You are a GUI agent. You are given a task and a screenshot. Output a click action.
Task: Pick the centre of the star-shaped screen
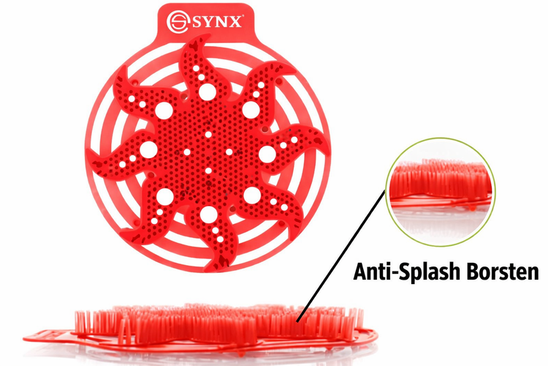tap(208, 153)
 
